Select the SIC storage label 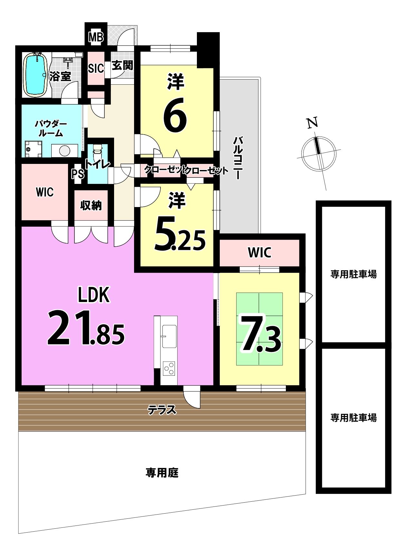click(96, 68)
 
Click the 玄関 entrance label click(122, 66)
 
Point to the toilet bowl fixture click(97, 153)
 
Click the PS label click(78, 174)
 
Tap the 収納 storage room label click(91, 205)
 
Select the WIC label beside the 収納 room click(45, 192)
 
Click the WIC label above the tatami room click(260, 253)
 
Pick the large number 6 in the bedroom click(175, 114)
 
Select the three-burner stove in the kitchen click(169, 368)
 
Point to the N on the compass click(312, 123)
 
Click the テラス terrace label click(162, 410)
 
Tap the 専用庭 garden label click(162, 473)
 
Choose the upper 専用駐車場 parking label click(354, 274)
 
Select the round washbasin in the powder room click(64, 150)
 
